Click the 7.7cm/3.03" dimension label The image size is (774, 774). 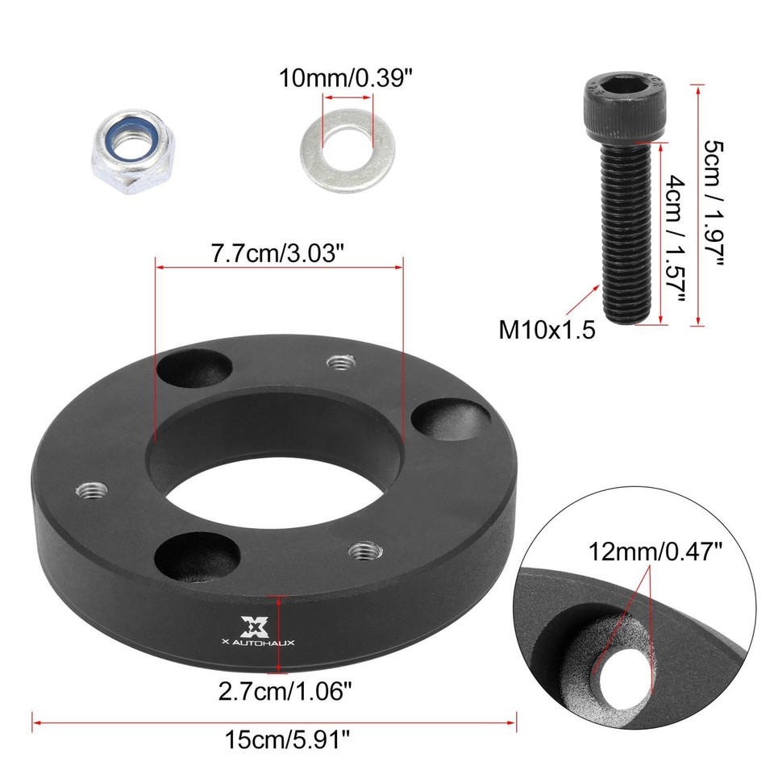click(278, 252)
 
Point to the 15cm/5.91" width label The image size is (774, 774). click(273, 737)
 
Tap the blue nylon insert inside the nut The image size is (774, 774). click(129, 145)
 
